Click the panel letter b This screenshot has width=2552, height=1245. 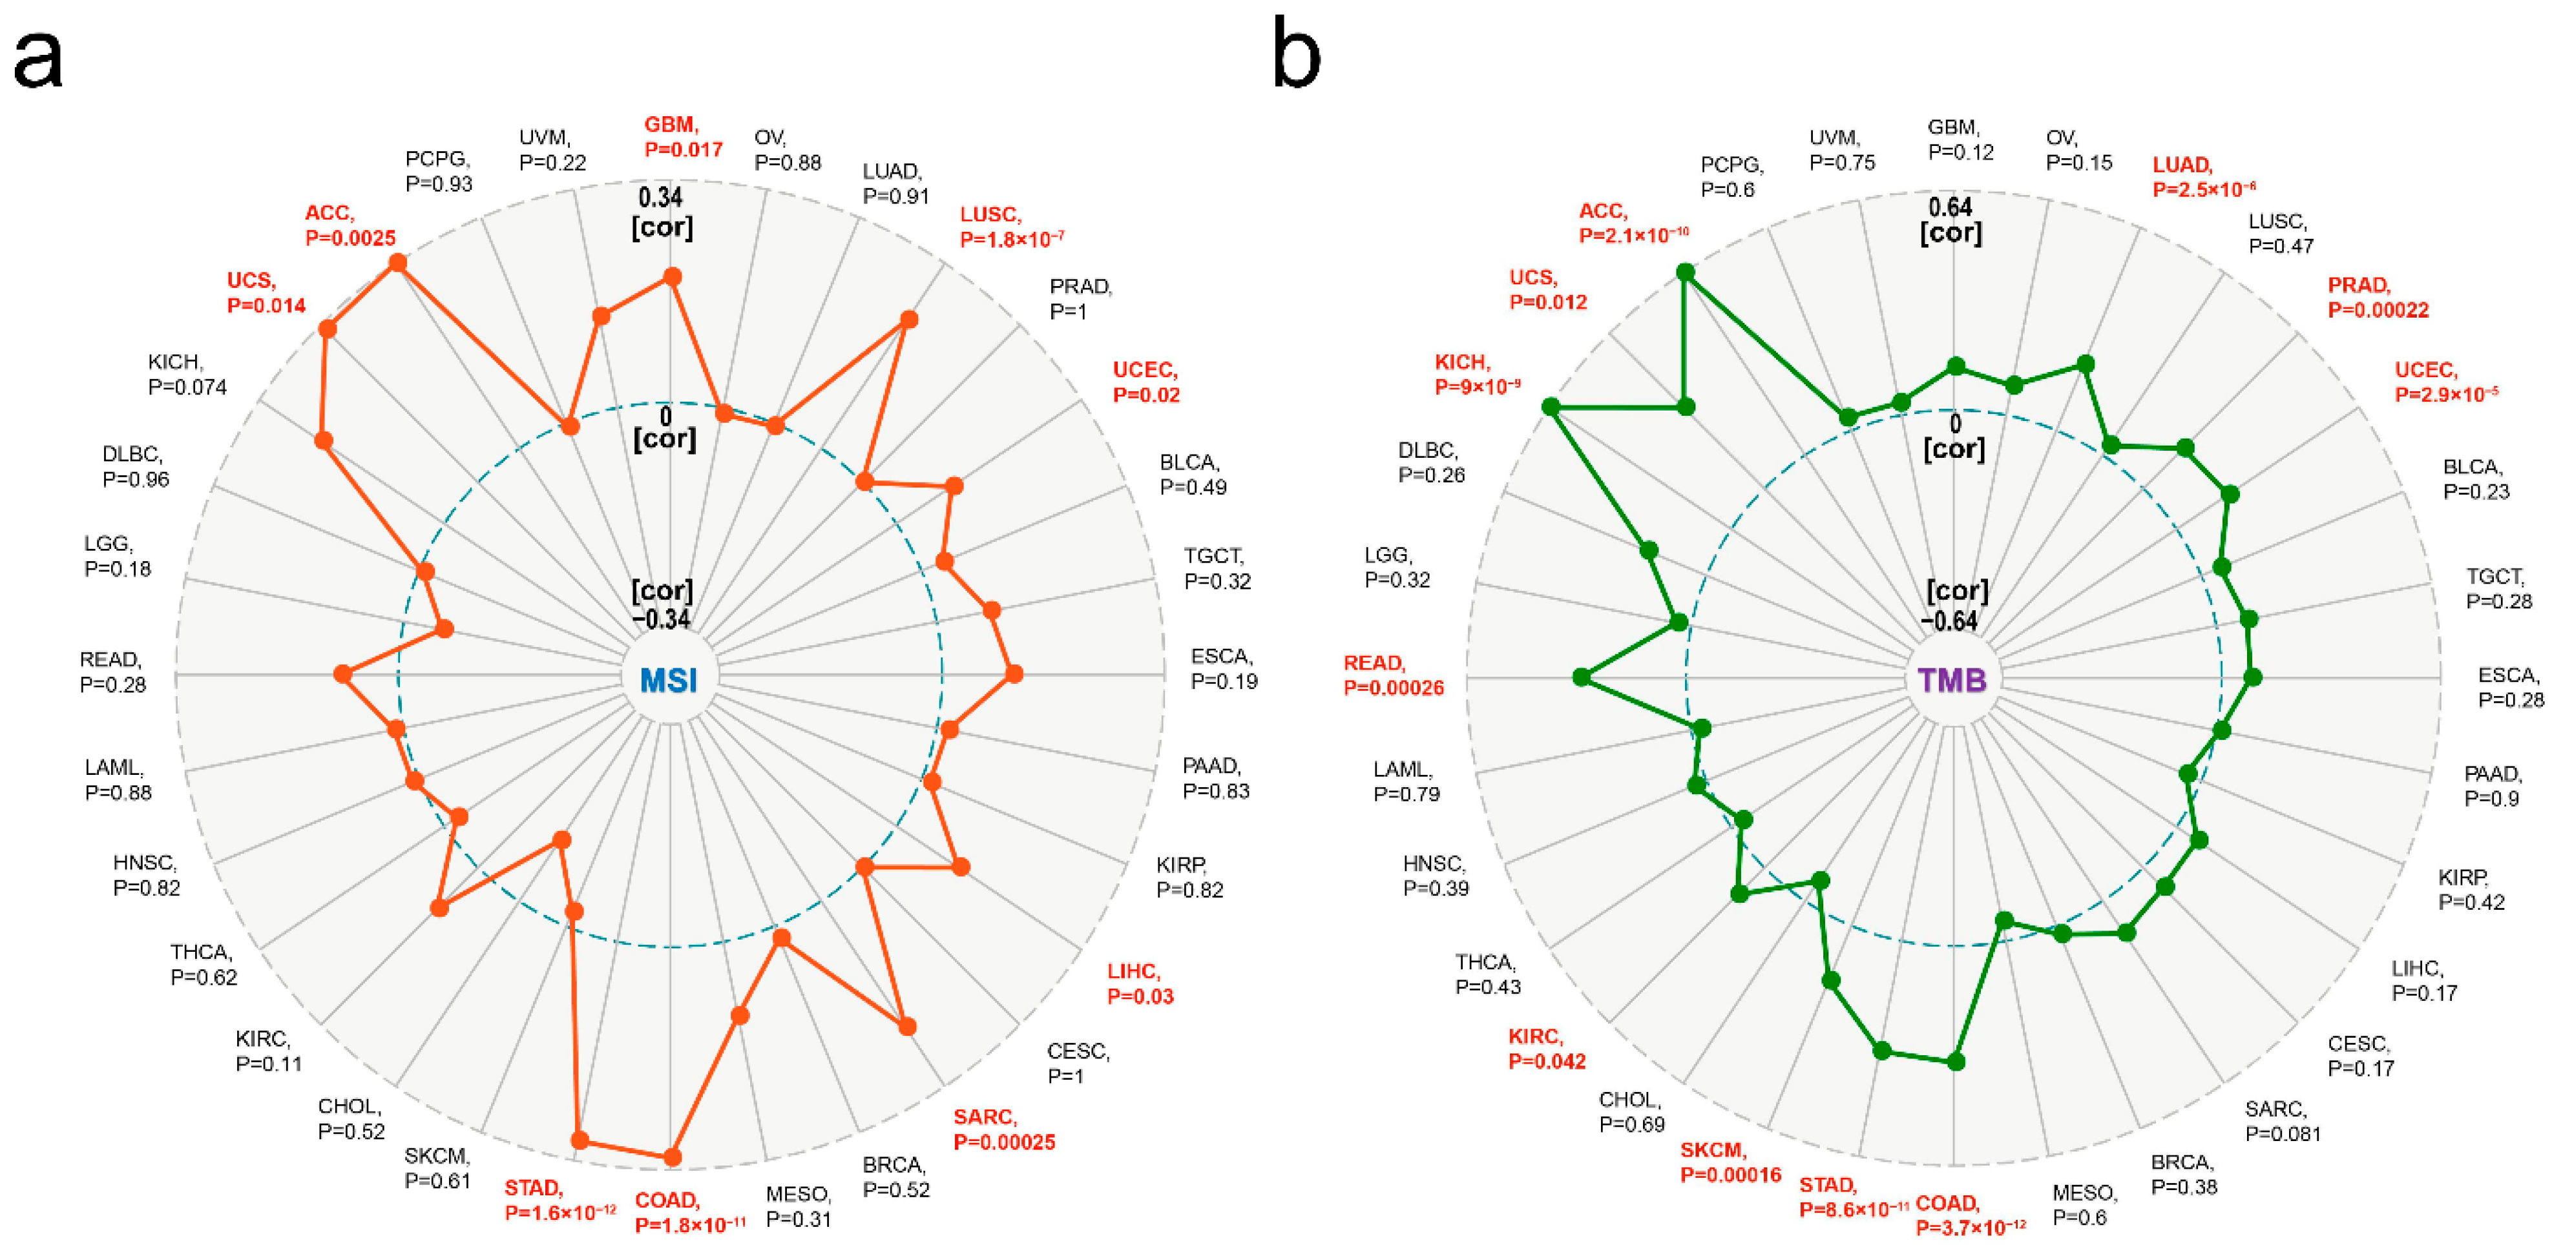pos(1296,54)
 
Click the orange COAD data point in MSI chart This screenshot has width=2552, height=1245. pos(672,1156)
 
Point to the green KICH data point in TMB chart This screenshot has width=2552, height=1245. pos(1551,406)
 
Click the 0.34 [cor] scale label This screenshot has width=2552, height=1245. pos(662,212)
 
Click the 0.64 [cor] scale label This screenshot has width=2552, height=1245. pos(1951,220)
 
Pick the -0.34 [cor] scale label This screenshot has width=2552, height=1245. pos(662,605)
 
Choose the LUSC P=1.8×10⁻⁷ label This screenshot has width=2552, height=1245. pos(1010,227)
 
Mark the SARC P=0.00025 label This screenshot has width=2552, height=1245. pos(1003,1129)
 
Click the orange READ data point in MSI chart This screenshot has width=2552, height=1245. pos(343,674)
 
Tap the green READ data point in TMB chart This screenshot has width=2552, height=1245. pos(1581,677)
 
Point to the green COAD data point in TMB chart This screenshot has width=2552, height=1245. pos(1956,1062)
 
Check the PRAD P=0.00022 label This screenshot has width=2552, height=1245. pos(2378,297)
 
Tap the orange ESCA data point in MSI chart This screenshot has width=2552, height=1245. pos(1014,674)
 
